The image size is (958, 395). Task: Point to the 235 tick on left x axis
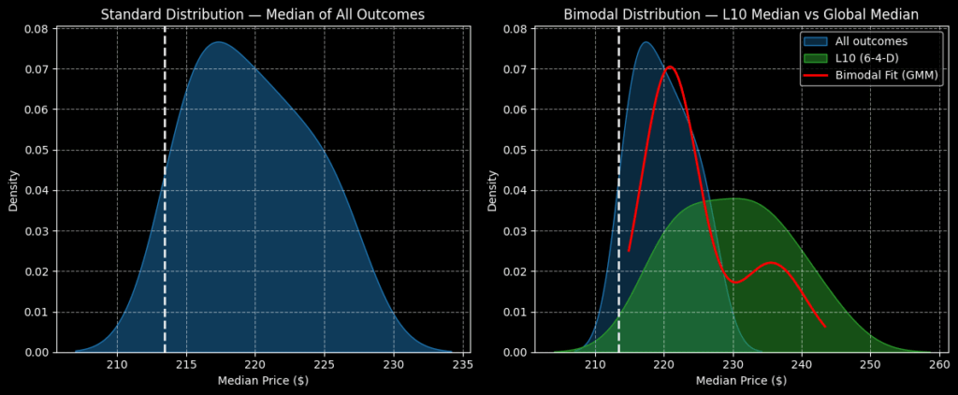click(462, 364)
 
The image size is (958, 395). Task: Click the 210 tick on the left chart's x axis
click(117, 364)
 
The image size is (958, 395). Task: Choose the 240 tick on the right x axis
click(802, 364)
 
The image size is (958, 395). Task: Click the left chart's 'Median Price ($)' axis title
click(263, 381)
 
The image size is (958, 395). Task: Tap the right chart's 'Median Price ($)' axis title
click(741, 381)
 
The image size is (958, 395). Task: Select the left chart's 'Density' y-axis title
click(14, 190)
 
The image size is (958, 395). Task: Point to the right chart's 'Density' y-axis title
click(492, 190)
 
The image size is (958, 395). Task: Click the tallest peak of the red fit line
click(670, 66)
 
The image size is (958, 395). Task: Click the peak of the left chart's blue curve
click(217, 42)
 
